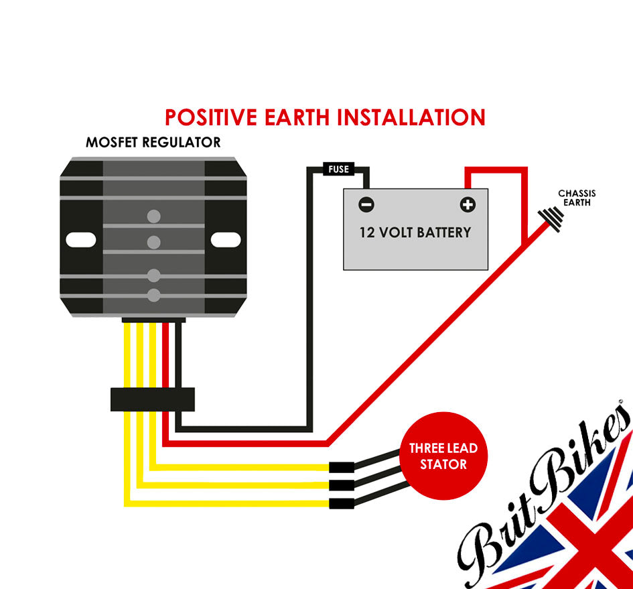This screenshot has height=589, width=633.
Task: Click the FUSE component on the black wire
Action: coord(338,169)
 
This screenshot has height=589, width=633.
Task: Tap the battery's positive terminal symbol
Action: coord(467,204)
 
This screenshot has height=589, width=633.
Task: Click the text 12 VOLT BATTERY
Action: coord(415,233)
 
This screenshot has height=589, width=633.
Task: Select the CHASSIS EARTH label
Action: coord(577,198)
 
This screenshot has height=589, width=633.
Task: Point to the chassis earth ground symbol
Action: coord(550,217)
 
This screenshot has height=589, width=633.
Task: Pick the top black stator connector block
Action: coord(341,468)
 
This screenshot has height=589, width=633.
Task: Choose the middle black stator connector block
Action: coord(341,485)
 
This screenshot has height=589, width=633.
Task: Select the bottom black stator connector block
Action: coord(341,503)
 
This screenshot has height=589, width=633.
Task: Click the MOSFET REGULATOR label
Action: coord(153,143)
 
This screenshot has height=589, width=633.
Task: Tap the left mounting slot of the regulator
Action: coord(81,239)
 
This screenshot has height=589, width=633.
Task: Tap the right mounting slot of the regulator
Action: coord(225,239)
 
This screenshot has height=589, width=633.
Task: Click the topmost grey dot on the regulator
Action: coord(154,216)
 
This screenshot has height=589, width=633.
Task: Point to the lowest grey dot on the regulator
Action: coord(154,294)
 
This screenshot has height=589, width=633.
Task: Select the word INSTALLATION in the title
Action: coord(411,117)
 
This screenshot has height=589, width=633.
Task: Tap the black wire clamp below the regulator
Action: coord(152,399)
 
